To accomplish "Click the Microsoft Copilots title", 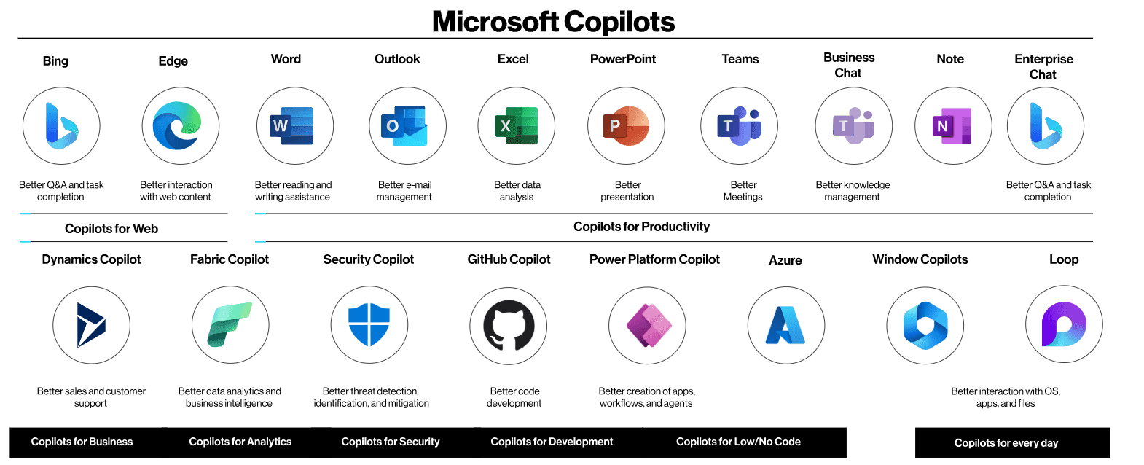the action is [553, 21].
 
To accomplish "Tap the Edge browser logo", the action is [177, 125].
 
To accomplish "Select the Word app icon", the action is [291, 125].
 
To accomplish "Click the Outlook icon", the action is [404, 125].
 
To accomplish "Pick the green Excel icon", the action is [517, 125].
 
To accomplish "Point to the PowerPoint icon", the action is [626, 125].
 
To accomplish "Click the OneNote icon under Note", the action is [952, 125].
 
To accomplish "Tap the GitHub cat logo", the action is [509, 326].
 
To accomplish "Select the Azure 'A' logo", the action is [785, 325].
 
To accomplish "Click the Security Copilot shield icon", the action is [369, 325].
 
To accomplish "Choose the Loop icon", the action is [1064, 324].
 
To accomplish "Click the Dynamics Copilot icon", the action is [91, 325].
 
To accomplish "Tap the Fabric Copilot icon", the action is [230, 324].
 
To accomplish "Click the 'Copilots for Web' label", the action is [111, 228].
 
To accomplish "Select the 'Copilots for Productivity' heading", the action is [641, 227].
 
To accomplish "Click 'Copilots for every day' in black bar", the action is [1006, 443].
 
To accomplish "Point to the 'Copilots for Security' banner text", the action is [390, 442].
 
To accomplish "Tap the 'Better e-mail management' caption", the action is [404, 191].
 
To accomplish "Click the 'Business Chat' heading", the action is [849, 65].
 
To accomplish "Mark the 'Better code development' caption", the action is [514, 397].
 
